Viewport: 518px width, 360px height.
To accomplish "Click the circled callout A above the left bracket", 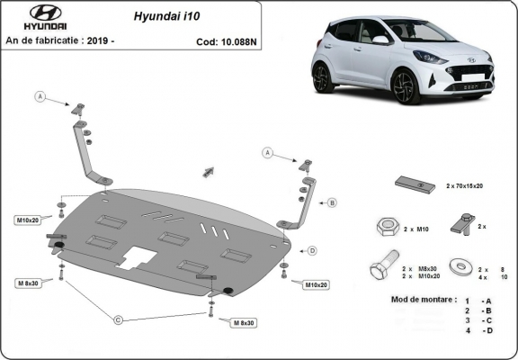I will click(x=40, y=95).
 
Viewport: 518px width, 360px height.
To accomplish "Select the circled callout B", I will click(x=331, y=203).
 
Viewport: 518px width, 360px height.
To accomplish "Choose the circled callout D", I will click(x=312, y=250).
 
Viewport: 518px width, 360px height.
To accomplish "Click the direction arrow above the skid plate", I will click(x=209, y=170).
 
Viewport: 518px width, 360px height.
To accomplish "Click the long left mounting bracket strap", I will click(x=86, y=148).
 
